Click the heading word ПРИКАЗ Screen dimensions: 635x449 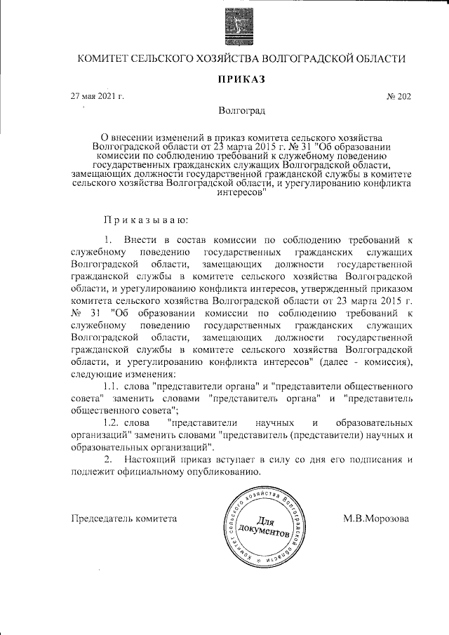coord(241,79)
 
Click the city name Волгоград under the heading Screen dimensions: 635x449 coord(241,111)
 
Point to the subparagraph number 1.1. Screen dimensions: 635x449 coord(112,387)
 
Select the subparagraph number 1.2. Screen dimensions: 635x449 coord(112,423)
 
